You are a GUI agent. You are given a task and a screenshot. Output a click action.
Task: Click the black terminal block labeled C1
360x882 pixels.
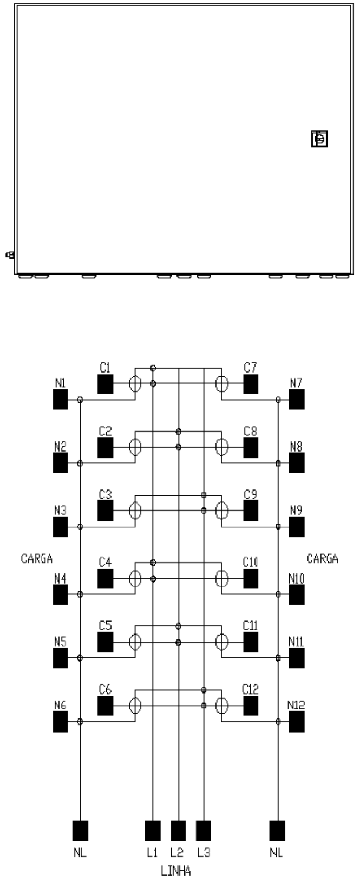(x=105, y=384)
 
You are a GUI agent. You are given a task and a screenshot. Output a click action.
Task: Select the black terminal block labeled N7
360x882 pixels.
(x=297, y=399)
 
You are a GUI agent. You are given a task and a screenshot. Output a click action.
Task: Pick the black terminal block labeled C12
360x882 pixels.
(x=251, y=705)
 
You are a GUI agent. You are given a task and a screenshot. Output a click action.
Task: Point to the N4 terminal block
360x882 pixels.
(x=60, y=594)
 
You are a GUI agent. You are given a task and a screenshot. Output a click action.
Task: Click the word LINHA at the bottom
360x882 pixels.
(x=175, y=870)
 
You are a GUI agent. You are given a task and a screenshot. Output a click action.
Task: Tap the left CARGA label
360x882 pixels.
(x=37, y=558)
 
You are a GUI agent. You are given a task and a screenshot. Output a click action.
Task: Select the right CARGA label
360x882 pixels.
(x=323, y=558)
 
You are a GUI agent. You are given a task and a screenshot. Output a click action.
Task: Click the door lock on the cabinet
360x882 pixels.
(x=319, y=139)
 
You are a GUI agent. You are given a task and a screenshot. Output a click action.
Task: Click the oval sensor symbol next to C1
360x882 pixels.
(x=135, y=384)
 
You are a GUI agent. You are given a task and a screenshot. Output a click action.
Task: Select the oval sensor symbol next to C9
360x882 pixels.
(x=222, y=511)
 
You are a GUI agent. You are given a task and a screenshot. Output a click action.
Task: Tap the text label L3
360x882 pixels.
(x=204, y=853)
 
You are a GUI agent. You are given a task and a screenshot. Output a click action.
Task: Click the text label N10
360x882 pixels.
(x=296, y=579)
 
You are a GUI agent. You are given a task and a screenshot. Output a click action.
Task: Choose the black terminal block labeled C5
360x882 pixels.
(x=105, y=642)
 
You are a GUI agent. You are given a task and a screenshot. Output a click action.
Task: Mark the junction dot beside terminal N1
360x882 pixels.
(x=80, y=400)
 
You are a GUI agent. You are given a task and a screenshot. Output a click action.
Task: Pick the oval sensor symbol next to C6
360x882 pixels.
(x=135, y=705)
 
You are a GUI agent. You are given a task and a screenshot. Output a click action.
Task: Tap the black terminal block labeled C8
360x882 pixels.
(x=251, y=447)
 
